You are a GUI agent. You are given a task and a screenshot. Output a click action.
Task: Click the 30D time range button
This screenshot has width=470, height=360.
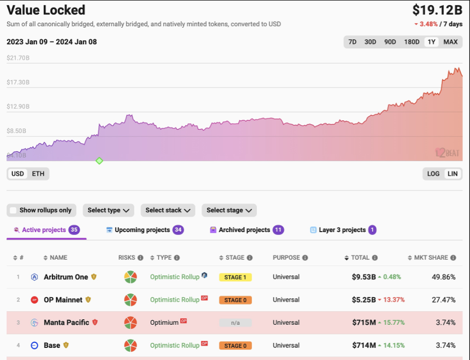click(370, 42)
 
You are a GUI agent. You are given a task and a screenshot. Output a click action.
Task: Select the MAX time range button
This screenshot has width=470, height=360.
click(450, 42)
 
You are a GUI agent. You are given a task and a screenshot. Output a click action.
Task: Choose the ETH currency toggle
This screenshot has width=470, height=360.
click(38, 174)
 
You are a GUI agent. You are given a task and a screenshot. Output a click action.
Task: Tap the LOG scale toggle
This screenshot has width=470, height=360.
click(433, 174)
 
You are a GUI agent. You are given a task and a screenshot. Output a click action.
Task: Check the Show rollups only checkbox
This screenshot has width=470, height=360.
click(13, 210)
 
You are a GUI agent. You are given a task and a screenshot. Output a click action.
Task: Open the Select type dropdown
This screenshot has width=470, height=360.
click(108, 210)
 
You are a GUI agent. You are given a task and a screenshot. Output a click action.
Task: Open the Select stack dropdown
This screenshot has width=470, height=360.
click(168, 210)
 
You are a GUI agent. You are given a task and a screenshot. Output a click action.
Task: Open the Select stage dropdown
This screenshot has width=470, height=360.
click(229, 210)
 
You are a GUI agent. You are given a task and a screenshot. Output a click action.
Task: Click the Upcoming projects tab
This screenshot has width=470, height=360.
click(145, 230)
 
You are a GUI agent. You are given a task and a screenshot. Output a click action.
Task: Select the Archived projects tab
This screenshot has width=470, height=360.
click(247, 230)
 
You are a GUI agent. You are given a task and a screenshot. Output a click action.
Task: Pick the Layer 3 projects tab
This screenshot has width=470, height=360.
click(343, 230)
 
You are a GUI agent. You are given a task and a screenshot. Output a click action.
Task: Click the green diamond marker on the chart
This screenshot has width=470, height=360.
click(99, 161)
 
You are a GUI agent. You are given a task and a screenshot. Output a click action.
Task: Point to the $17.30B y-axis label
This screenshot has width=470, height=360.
click(18, 82)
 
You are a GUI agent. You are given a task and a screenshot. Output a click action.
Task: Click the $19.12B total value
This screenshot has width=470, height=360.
click(437, 10)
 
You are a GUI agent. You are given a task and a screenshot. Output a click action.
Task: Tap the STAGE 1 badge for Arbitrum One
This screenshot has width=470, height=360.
click(236, 277)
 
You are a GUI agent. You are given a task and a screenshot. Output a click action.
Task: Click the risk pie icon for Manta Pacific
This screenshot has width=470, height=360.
click(130, 323)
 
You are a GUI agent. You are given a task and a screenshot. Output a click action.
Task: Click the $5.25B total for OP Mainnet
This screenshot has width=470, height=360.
click(364, 300)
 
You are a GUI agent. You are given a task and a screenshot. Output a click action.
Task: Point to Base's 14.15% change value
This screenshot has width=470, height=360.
click(394, 345)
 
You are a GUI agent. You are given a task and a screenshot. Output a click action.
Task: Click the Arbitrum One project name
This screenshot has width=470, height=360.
click(66, 277)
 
